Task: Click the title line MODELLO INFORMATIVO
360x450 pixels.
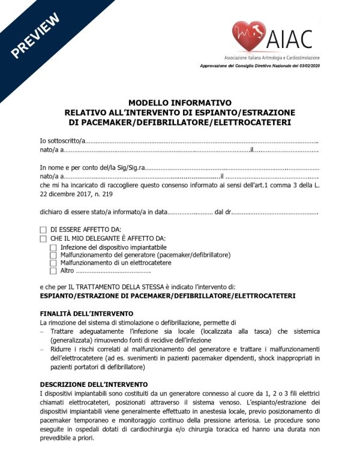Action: pyautogui.click(x=180, y=103)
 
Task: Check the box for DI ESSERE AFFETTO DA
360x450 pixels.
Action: pyautogui.click(x=43, y=230)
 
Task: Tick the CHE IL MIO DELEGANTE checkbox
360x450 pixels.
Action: pyautogui.click(x=43, y=238)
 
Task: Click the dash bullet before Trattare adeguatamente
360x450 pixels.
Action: pyautogui.click(x=42, y=332)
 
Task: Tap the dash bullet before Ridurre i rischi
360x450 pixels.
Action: pyautogui.click(x=42, y=349)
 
